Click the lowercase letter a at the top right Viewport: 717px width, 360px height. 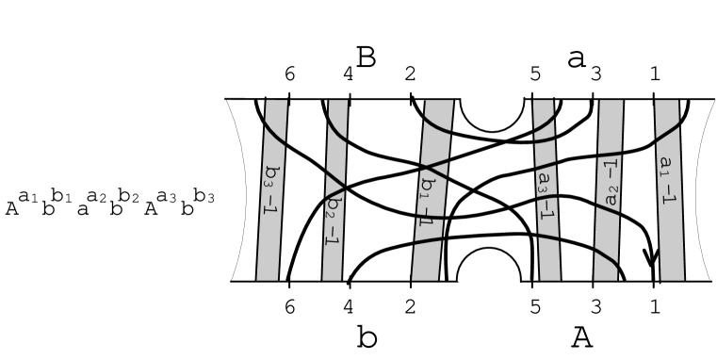577,59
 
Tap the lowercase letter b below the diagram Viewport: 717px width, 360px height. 367,337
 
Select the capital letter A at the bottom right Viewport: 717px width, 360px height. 582,337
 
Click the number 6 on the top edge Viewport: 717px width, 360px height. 289,75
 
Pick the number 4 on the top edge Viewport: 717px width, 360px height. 348,75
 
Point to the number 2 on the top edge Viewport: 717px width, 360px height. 410,75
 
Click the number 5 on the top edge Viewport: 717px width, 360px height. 535,75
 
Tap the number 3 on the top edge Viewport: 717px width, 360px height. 595,75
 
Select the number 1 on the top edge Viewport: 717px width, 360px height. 655,75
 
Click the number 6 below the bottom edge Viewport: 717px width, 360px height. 289,306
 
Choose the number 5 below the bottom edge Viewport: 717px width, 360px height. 535,306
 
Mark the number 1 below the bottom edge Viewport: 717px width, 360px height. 655,306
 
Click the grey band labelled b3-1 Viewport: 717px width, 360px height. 271,188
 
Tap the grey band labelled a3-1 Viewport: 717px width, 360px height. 546,188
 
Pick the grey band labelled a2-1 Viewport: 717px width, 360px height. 609,188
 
